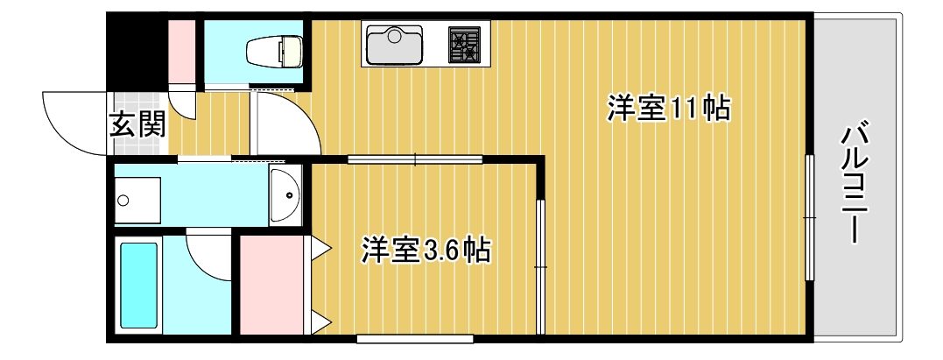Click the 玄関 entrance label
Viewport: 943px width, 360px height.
(137, 124)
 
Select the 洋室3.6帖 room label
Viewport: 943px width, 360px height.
(426, 251)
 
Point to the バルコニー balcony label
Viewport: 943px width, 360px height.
(855, 184)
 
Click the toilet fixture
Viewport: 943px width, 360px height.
(274, 53)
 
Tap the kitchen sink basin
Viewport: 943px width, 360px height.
(395, 46)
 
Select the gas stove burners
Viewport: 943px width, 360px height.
(465, 45)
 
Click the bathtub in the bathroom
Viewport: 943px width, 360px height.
(138, 286)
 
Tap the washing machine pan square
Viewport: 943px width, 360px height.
(137, 201)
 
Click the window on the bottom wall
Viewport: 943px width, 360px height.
(415, 338)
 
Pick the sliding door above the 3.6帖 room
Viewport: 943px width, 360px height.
(415, 159)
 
